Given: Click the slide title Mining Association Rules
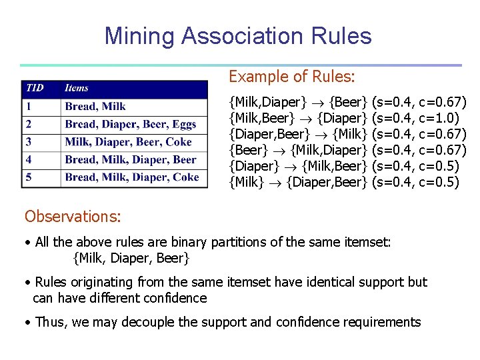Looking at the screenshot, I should point(238,36).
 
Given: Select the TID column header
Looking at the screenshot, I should point(35,88).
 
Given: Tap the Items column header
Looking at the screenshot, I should point(77,88).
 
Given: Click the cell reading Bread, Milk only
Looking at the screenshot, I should point(95,106).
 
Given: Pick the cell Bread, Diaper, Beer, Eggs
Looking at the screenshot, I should point(131,124).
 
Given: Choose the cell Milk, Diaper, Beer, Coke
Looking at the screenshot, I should point(128,142).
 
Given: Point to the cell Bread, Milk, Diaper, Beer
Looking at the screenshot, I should point(131,159).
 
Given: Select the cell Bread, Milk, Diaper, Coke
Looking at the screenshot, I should point(132,177).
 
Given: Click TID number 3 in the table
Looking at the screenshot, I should point(29,142).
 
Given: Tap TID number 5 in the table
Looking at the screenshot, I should point(29,177).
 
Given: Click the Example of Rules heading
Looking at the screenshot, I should point(292,77).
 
